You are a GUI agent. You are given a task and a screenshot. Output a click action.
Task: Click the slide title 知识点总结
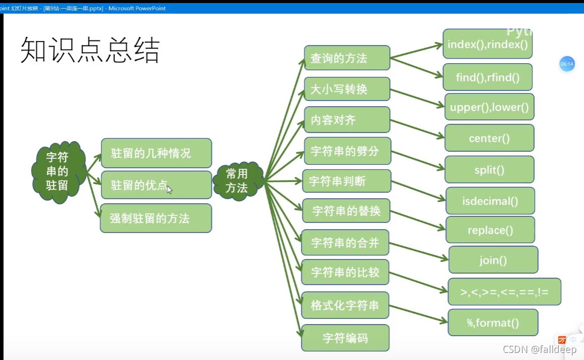pos(90,51)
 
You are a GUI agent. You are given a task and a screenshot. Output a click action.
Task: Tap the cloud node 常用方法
pos(237,181)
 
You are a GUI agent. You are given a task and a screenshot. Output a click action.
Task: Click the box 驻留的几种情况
pos(156,153)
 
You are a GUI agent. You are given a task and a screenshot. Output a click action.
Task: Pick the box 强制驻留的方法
pos(156,218)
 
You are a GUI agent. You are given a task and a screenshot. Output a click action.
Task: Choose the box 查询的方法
pos(347,58)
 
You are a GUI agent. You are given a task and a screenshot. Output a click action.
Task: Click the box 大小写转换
pos(347,89)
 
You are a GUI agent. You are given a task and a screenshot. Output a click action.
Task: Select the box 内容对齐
pos(347,120)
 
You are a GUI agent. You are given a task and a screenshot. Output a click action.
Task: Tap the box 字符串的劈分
pos(347,151)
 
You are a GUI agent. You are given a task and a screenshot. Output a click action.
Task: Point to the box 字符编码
pos(345,338)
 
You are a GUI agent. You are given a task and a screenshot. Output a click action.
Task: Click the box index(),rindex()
pos(487,44)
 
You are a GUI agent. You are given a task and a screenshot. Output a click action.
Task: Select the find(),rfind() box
pos(487,77)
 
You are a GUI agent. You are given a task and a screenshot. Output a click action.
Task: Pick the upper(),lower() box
pos(489,107)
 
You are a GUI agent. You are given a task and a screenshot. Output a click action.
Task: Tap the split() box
pos(489,169)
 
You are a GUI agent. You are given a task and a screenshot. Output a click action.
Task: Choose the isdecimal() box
pos(490,201)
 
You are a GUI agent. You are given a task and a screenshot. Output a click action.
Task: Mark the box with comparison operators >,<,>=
pos(504,292)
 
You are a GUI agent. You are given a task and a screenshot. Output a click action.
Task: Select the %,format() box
pos(493,323)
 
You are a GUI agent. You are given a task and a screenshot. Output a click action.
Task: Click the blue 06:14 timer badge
pos(567,64)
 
